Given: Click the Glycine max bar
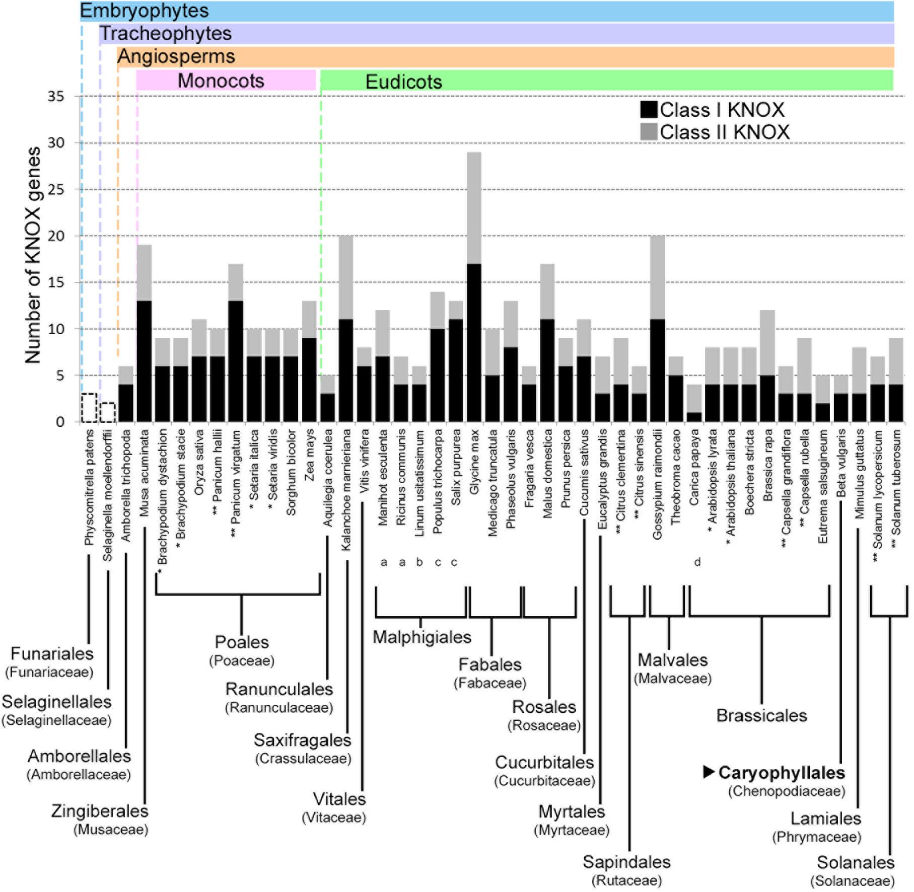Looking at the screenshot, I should (x=474, y=287).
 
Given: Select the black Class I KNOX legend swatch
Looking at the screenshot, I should (x=649, y=110).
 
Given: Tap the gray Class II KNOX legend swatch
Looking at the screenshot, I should (x=649, y=132).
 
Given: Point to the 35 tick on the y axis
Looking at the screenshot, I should (x=56, y=96).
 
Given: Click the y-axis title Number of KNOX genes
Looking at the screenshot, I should (x=32, y=255).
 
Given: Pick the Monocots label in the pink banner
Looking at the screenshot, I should (x=221, y=81).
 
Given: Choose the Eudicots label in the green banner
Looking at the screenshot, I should (x=403, y=82).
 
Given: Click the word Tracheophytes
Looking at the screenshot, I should (x=165, y=34).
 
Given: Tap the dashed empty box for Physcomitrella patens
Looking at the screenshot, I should (x=89, y=408).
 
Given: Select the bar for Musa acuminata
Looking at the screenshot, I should (x=144, y=333).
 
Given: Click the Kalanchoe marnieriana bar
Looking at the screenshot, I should (x=346, y=328).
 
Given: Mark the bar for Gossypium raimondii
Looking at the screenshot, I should (x=657, y=328).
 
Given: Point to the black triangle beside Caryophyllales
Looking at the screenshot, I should (x=709, y=772).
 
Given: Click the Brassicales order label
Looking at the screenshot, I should (x=761, y=715).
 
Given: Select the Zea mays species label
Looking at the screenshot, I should (x=309, y=455).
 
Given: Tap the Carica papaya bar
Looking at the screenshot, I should (x=694, y=403).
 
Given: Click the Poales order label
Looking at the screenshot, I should (x=242, y=642).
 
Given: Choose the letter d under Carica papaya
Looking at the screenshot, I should (x=697, y=562).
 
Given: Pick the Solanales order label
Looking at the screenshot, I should (x=855, y=862).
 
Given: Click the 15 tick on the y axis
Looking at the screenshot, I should (x=56, y=282).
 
